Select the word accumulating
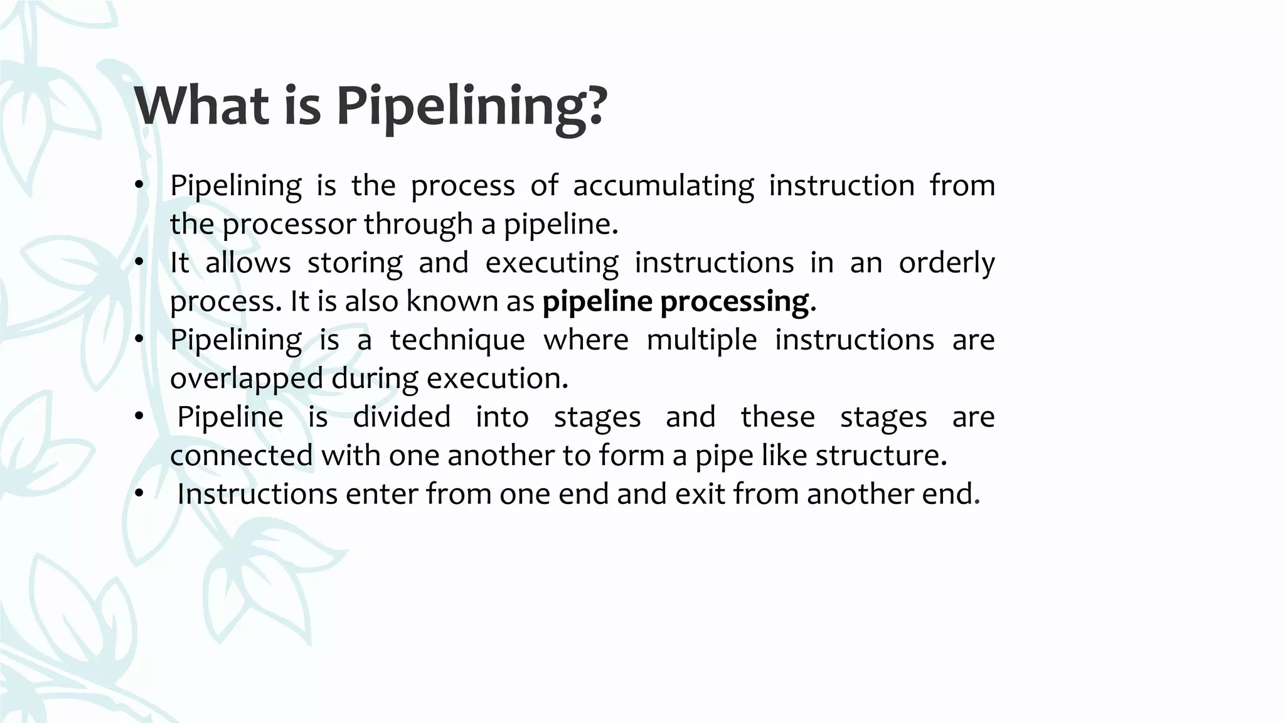663,186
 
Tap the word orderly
946,264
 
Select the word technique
457,341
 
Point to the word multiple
701,341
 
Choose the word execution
496,378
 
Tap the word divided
402,417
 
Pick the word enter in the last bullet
382,495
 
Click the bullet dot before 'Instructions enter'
139,493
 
